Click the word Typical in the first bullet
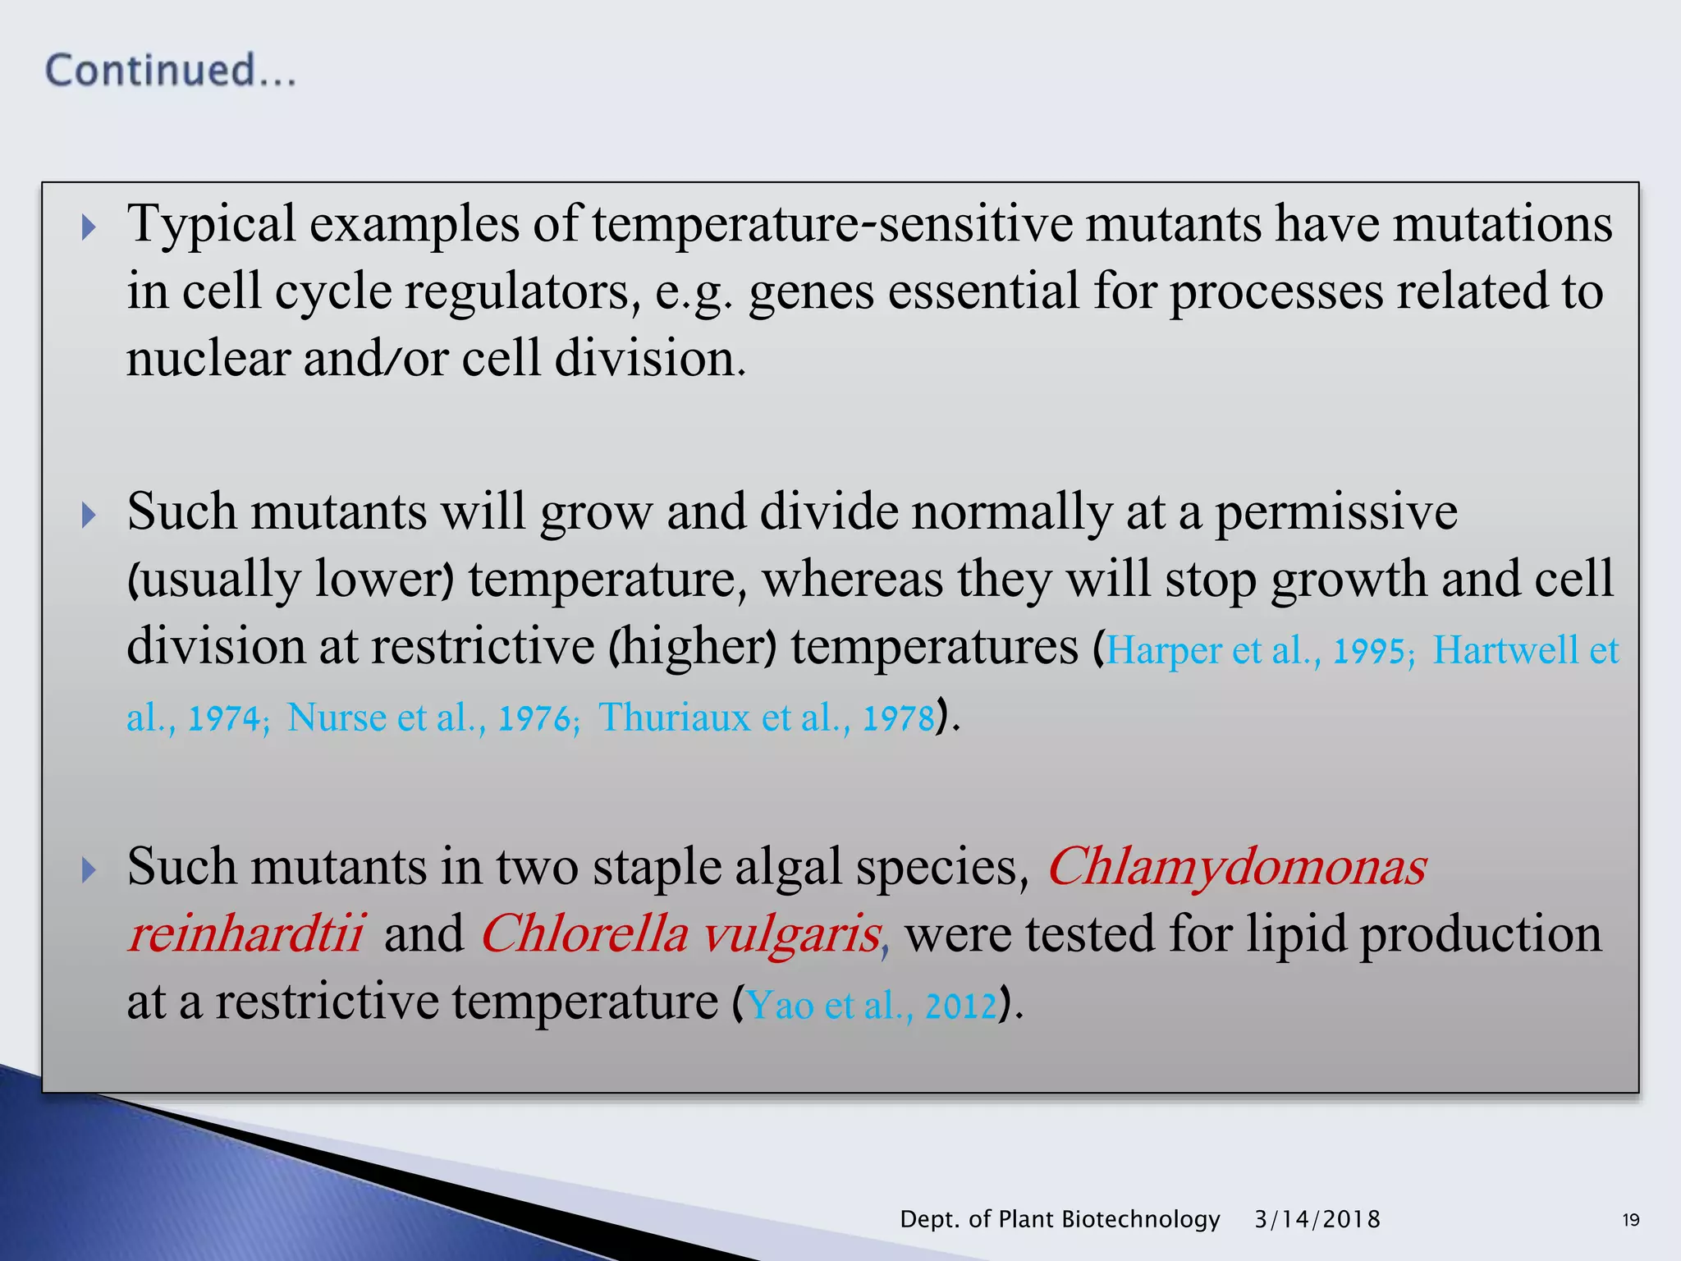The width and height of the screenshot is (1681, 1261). tap(211, 223)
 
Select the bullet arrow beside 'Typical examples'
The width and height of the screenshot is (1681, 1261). tap(89, 227)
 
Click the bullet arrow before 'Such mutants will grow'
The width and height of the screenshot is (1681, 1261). tap(89, 516)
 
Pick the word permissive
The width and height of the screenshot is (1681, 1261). tap(1335, 513)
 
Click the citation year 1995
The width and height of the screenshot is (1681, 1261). tap(1372, 652)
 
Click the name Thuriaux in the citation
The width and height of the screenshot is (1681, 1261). tap(674, 718)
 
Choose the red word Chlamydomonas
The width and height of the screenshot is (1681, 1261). tap(1237, 867)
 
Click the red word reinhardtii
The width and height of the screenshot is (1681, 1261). tap(245, 934)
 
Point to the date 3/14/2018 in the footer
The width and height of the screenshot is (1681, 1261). tap(1317, 1219)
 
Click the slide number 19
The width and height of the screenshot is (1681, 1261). tap(1630, 1220)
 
